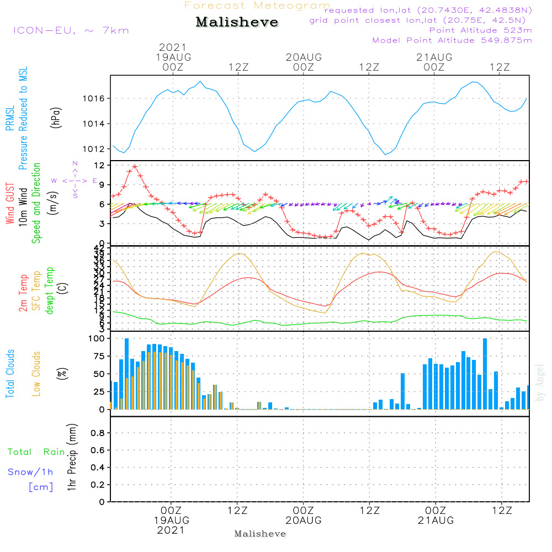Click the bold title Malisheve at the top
237,22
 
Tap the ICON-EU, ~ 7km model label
71,30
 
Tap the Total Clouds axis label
10,374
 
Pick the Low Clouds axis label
36,374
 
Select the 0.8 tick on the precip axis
97,433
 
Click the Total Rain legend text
36,452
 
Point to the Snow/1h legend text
31,472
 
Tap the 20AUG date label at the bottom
303,521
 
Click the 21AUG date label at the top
434,57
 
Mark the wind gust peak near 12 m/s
135,166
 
